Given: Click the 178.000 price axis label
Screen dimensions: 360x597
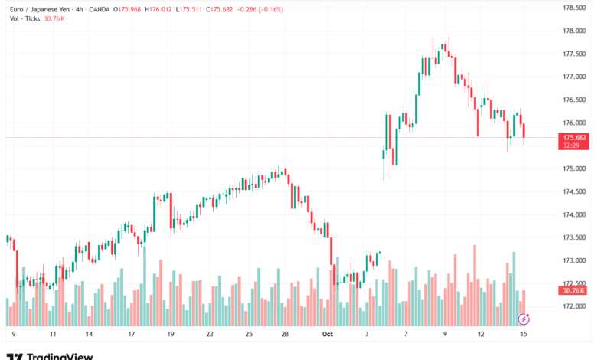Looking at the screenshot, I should [574, 31].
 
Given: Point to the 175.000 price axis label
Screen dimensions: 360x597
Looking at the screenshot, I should [574, 169].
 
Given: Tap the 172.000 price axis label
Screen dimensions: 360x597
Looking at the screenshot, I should [574, 306].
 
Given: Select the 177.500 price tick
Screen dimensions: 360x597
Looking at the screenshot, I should [574, 54].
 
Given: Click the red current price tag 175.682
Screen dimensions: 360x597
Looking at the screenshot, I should [574, 137].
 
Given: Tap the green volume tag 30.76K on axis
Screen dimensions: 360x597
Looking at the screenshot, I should [574, 290].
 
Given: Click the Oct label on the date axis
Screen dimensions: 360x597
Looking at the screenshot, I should [328, 334].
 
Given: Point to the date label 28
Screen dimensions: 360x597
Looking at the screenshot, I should [285, 334].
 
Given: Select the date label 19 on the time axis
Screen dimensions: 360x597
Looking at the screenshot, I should [170, 334].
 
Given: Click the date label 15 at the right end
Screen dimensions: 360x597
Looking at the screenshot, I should [524, 334].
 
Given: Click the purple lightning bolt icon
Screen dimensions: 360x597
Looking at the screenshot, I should [524, 318].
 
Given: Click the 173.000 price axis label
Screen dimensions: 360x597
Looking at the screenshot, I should [574, 260].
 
